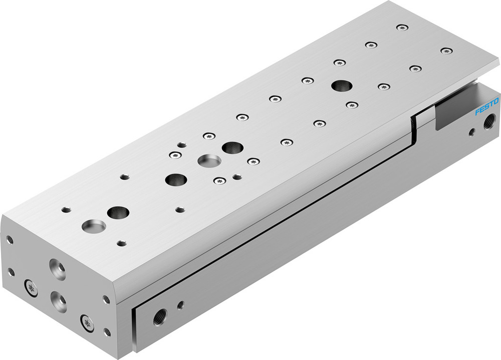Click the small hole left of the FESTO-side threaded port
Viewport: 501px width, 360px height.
(x=471, y=132)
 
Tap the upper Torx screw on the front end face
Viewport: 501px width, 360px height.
(x=31, y=288)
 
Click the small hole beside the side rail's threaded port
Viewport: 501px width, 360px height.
(x=180, y=304)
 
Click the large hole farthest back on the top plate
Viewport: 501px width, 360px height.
(x=341, y=85)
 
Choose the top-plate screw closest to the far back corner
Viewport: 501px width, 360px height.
(x=401, y=27)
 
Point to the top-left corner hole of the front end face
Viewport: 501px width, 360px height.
(x=9, y=240)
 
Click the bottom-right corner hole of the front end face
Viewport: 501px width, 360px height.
(x=107, y=331)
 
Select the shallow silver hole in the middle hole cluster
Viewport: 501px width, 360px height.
(x=209, y=161)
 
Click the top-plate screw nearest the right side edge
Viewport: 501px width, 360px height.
(x=446, y=51)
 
